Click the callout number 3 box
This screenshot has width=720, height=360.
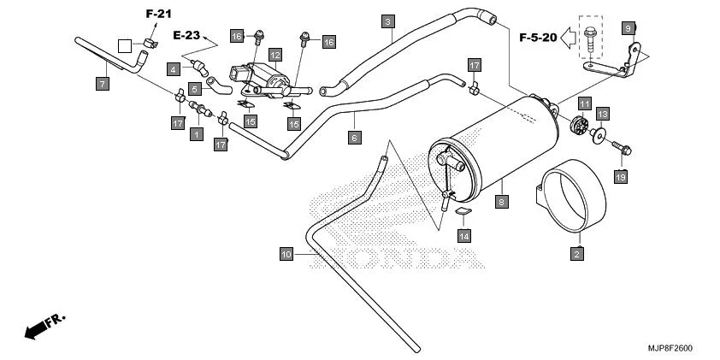[x=388, y=21]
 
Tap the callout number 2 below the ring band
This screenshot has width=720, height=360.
[x=576, y=254]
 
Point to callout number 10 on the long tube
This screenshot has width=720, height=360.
[x=286, y=254]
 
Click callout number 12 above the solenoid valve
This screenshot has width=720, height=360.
[x=274, y=55]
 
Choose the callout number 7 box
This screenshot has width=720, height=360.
[x=101, y=83]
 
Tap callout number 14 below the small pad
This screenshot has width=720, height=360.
[x=463, y=235]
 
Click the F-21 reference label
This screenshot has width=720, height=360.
[x=158, y=14]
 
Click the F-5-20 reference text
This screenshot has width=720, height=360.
[x=538, y=38]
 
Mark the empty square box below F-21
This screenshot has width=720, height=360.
[x=125, y=45]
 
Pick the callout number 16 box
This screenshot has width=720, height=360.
[x=328, y=41]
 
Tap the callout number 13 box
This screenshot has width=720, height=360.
[x=602, y=114]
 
